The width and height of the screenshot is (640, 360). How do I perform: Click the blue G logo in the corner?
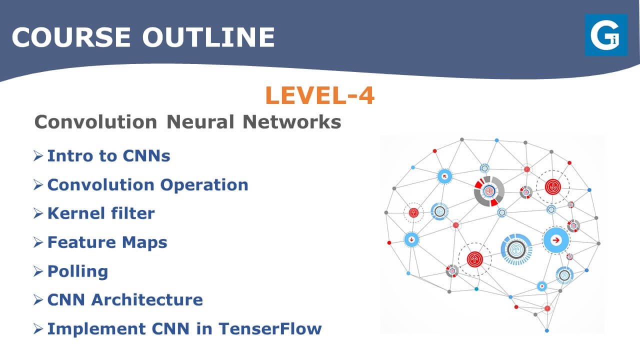point(606,34)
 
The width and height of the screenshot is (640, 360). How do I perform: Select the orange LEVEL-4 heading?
point(319,95)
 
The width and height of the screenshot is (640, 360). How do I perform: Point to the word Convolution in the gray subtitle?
point(95,122)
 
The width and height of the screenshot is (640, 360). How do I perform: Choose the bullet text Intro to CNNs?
point(108,156)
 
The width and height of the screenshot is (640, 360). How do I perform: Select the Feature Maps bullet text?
point(107,242)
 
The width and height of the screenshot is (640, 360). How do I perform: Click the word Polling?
point(77,271)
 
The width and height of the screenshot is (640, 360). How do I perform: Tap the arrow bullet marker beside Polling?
point(38,271)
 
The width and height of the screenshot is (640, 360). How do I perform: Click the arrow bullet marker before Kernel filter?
point(38,213)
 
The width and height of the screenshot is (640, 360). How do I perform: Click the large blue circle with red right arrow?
point(555,240)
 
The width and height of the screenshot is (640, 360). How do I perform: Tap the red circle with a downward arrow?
point(553,187)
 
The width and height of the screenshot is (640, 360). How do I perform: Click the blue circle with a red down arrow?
point(411,239)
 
